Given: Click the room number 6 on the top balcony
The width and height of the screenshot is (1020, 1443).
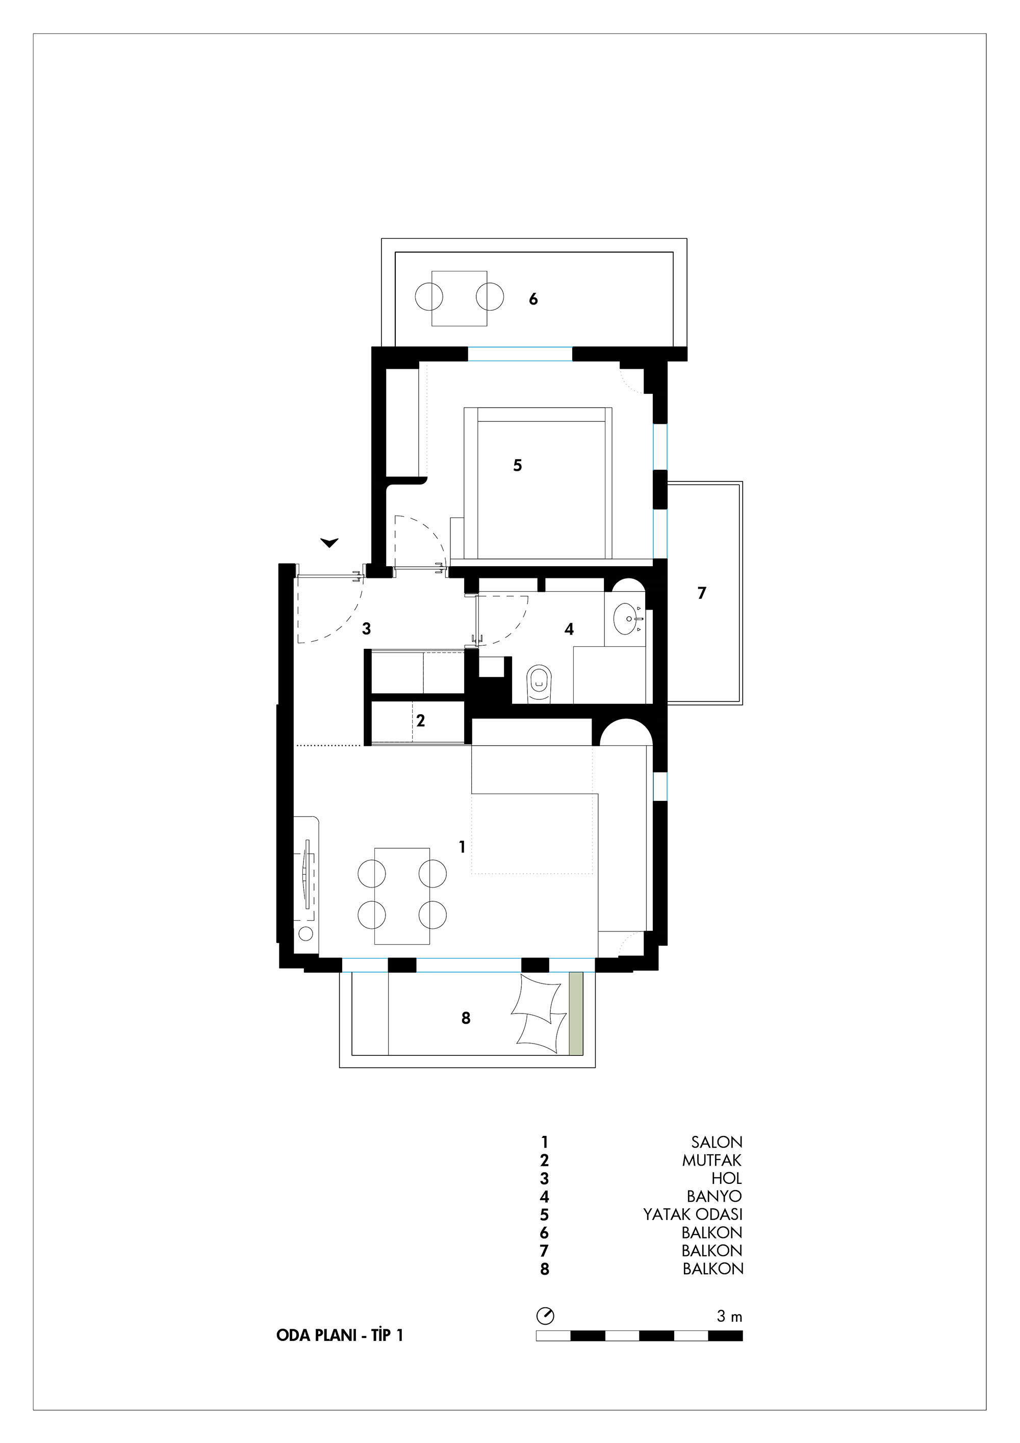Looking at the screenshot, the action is click(x=533, y=299).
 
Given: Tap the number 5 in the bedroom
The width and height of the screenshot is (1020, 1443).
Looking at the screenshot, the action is click(x=517, y=465).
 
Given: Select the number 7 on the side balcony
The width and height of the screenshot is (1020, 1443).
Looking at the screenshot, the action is click(x=702, y=593).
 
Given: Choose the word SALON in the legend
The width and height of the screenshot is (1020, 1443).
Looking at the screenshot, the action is click(x=717, y=1142).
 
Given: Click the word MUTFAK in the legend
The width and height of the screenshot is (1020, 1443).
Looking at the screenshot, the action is click(x=712, y=1160).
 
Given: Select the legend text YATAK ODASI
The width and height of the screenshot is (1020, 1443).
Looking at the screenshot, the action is click(x=693, y=1214).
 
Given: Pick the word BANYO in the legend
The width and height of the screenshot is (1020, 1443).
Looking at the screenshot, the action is click(x=714, y=1196).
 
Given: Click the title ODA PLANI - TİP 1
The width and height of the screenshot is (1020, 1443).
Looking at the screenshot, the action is click(x=339, y=1335).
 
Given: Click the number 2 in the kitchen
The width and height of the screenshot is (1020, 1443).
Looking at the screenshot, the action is click(x=420, y=720).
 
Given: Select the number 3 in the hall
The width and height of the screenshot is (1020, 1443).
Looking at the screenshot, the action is click(x=366, y=628).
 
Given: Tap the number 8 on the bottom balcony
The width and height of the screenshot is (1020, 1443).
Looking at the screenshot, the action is click(x=466, y=1018).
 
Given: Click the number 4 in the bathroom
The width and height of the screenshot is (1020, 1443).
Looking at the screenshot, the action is click(x=569, y=629).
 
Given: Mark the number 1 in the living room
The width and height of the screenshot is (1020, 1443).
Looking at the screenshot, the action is click(x=462, y=847).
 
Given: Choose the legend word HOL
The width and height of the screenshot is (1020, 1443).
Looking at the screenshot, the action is click(x=727, y=1178).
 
